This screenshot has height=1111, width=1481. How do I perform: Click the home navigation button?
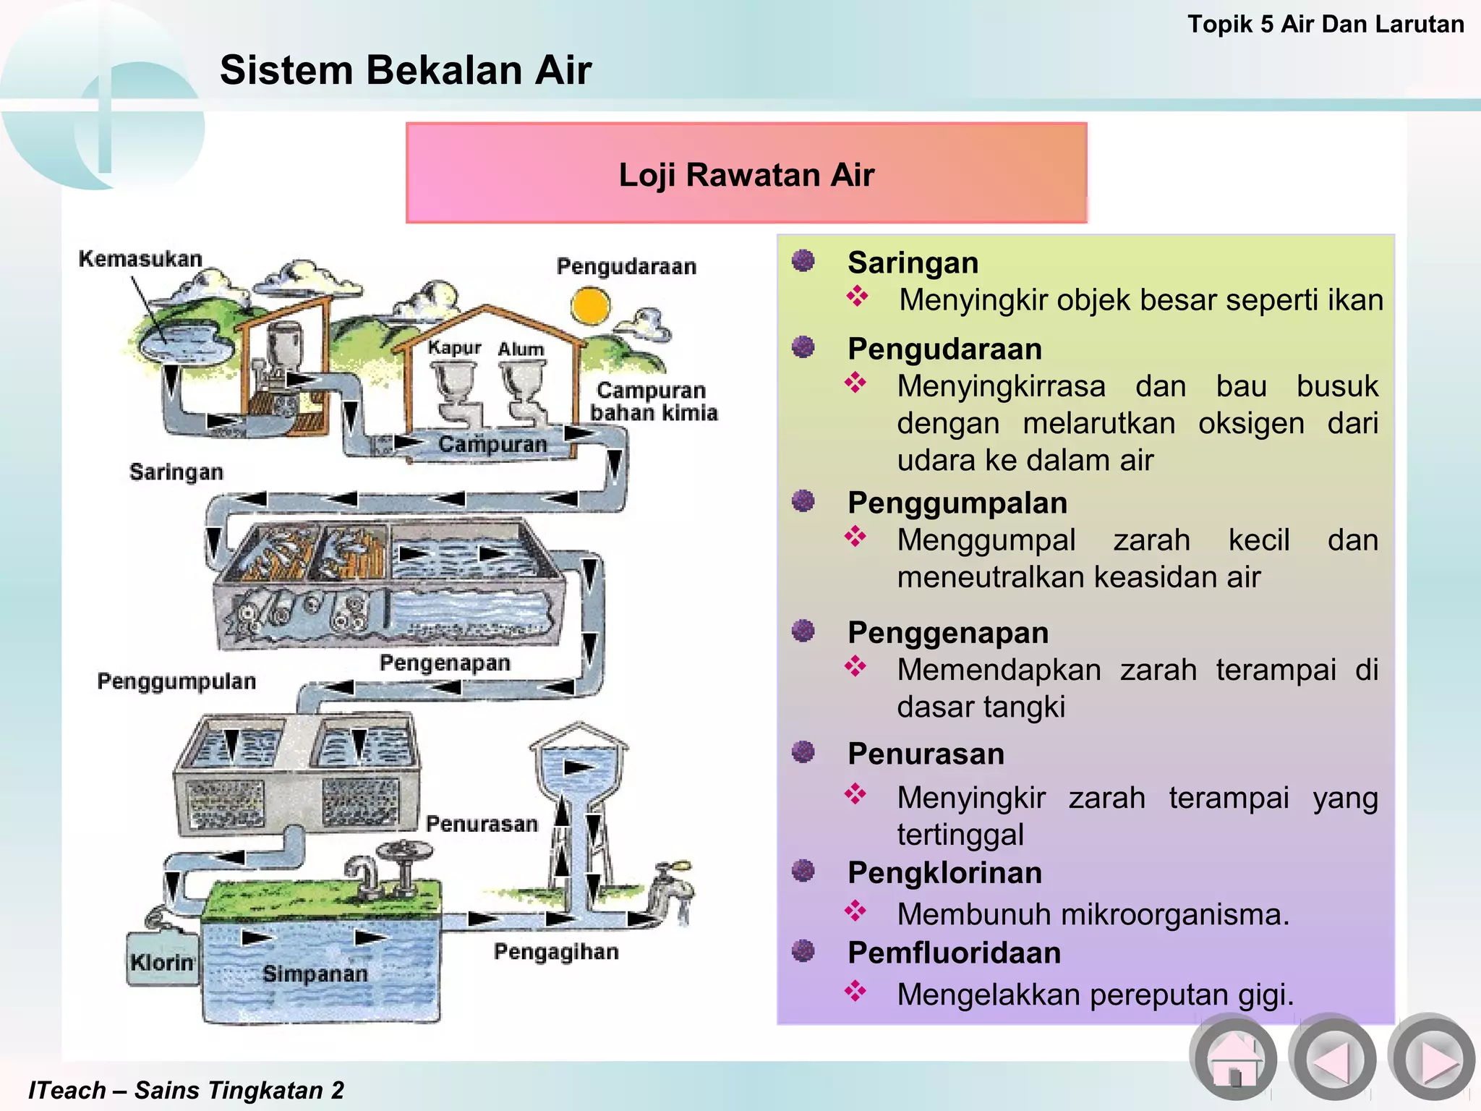[1233, 1059]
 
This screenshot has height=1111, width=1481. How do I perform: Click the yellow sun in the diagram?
[590, 306]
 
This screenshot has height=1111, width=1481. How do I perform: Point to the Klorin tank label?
[162, 962]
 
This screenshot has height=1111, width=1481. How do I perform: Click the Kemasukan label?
[140, 258]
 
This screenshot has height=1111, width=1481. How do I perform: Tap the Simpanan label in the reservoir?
[315, 974]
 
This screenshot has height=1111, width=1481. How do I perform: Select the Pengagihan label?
[556, 952]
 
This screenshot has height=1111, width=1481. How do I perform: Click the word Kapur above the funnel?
[454, 348]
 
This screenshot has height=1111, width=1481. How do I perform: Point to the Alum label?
[521, 349]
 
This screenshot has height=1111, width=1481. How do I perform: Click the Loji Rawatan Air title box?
[746, 174]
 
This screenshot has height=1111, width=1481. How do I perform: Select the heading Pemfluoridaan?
[954, 953]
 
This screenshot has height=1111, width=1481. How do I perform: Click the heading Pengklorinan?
[944, 872]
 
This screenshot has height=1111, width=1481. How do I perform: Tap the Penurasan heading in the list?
[926, 754]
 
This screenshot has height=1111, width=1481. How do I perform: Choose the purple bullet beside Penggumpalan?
[803, 501]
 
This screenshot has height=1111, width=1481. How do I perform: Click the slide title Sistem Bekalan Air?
[406, 70]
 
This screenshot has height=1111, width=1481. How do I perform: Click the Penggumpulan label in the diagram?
[176, 681]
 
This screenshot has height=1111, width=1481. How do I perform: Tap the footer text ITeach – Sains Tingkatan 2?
[186, 1089]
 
